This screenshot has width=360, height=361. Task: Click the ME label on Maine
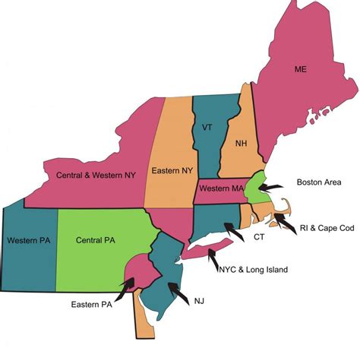click(x=301, y=70)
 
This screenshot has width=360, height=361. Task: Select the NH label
click(x=242, y=142)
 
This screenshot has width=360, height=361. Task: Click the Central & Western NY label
click(x=94, y=175)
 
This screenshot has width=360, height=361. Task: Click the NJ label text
click(x=199, y=300)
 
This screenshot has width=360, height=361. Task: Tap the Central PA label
click(x=96, y=240)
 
